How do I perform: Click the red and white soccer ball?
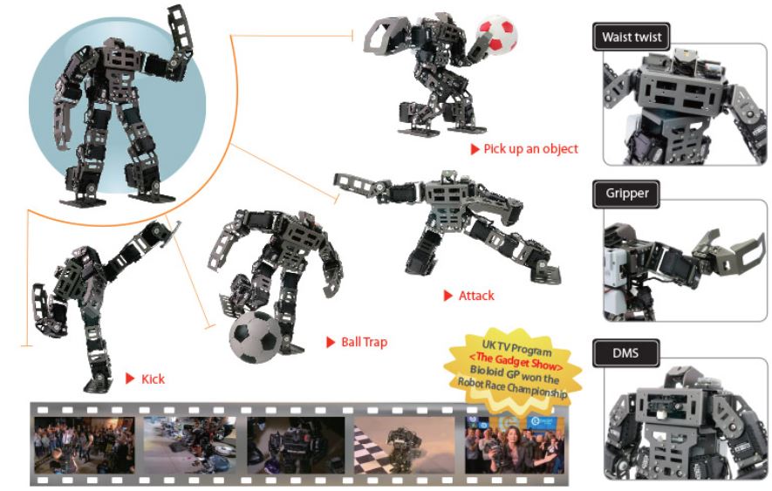point(498,33)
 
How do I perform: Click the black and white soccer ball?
point(256,337)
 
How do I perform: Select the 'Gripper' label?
point(626,193)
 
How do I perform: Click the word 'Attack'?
point(475,296)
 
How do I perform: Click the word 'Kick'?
point(153,378)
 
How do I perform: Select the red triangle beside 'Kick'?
point(129,378)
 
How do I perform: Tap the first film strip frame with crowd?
point(84,445)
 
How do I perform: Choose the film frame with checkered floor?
point(404,445)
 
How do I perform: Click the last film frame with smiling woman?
point(515,445)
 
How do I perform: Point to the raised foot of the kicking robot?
point(174,228)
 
